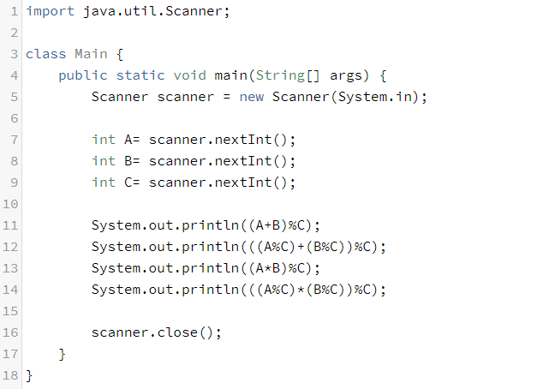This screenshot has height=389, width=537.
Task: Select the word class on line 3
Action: point(45,54)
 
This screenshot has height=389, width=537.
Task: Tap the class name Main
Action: point(91,54)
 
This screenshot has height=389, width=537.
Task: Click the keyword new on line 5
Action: point(252,97)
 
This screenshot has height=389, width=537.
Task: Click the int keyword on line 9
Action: point(104,183)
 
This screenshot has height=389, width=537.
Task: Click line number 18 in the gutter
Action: point(10,375)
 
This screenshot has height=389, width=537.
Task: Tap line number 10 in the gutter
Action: point(10,204)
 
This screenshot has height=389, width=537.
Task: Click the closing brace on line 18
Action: point(29,375)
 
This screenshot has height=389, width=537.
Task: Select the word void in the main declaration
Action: point(189,75)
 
